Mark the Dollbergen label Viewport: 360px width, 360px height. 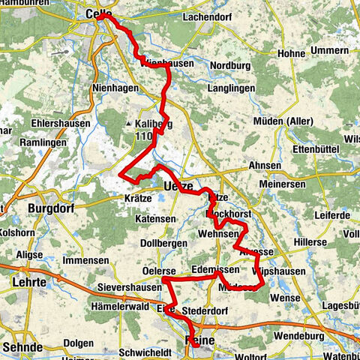166,244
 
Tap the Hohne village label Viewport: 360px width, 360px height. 291,53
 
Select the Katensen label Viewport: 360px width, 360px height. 155,219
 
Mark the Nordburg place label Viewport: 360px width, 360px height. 231,64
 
